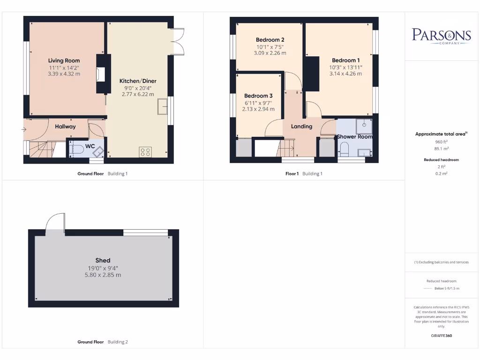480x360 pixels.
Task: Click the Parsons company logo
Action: tap(441, 36)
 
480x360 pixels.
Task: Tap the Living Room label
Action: tap(64, 60)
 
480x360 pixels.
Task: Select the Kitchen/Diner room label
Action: tap(137, 81)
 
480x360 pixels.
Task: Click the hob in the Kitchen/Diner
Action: tap(145, 151)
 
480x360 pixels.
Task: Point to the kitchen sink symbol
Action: tap(163, 106)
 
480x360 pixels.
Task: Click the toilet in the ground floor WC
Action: tap(76, 149)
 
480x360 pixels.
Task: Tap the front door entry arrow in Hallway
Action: tap(24, 129)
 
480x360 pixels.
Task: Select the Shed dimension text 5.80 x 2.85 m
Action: tap(103, 275)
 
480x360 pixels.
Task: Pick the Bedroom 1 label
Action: tap(345, 60)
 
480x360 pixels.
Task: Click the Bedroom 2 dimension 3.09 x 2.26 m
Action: tap(270, 53)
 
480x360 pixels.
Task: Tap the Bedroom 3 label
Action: tap(258, 96)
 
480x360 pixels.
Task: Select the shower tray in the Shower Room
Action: tap(362, 125)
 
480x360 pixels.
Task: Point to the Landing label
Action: tap(301, 127)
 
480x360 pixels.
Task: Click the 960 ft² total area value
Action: tap(441, 141)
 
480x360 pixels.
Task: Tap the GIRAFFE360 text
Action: tap(441, 336)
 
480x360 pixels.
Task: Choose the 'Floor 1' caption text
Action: tap(292, 173)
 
